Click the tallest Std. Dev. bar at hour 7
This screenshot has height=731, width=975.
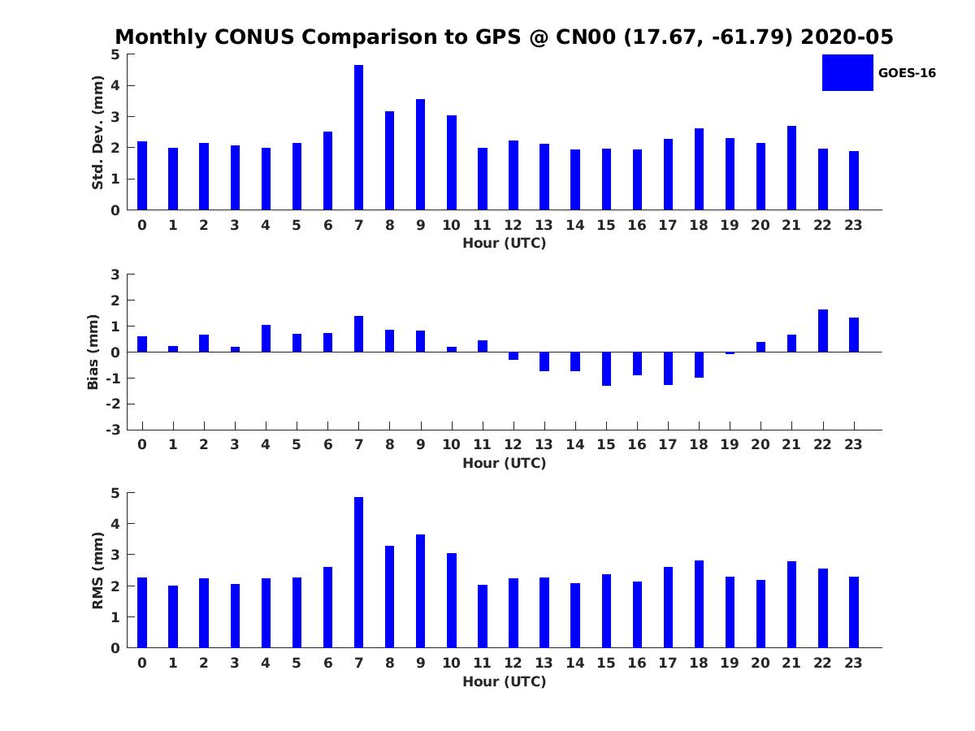coord(358,137)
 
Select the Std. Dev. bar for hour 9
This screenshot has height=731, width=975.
coord(420,154)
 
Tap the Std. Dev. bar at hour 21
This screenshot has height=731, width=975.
coord(791,168)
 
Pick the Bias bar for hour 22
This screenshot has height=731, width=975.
coord(822,331)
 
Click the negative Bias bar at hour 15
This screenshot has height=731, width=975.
coord(606,369)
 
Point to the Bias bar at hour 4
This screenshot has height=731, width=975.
coord(266,339)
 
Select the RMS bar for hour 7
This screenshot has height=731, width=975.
coord(358,573)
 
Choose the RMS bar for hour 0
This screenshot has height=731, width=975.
coord(142,612)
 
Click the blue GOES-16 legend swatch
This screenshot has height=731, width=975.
coord(847,72)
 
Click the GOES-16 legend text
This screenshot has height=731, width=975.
coord(907,73)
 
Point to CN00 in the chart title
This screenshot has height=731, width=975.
coord(540,37)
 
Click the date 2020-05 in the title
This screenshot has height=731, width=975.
coord(847,37)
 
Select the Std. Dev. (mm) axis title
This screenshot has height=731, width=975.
coord(98,132)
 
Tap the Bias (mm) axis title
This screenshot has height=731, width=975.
coord(93,353)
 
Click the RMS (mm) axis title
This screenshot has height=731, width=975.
coord(98,571)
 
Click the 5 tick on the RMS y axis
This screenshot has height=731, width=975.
coord(115,493)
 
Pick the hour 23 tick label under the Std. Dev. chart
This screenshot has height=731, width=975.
coord(853,225)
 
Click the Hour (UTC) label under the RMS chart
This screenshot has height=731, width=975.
coord(504,681)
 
